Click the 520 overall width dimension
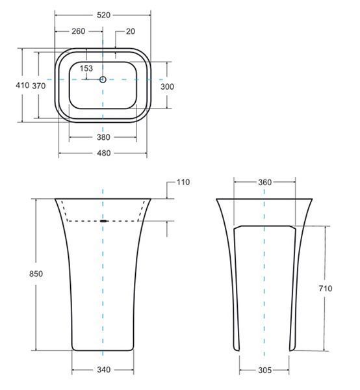tap(103, 15)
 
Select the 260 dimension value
tap(79, 31)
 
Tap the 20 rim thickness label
tap(131, 31)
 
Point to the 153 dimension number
tap(86, 68)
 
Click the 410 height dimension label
tap(22, 85)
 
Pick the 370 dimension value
tap(39, 86)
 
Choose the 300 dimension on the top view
tap(167, 86)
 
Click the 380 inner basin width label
tap(103, 137)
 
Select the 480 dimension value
tap(104, 153)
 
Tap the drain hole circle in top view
tap(103, 79)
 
